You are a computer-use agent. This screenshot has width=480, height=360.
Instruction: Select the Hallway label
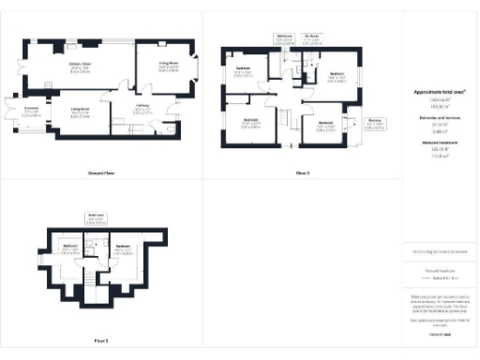(x=143, y=108)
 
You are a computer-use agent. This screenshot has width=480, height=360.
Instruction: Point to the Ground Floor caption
(x=101, y=173)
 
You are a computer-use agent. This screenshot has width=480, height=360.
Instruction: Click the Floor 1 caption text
(x=303, y=173)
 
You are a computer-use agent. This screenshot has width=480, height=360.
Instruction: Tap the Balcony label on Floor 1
(x=374, y=121)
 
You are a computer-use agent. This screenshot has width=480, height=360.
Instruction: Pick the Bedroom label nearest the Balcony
(x=326, y=124)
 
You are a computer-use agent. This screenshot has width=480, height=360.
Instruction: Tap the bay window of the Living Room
(x=196, y=72)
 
